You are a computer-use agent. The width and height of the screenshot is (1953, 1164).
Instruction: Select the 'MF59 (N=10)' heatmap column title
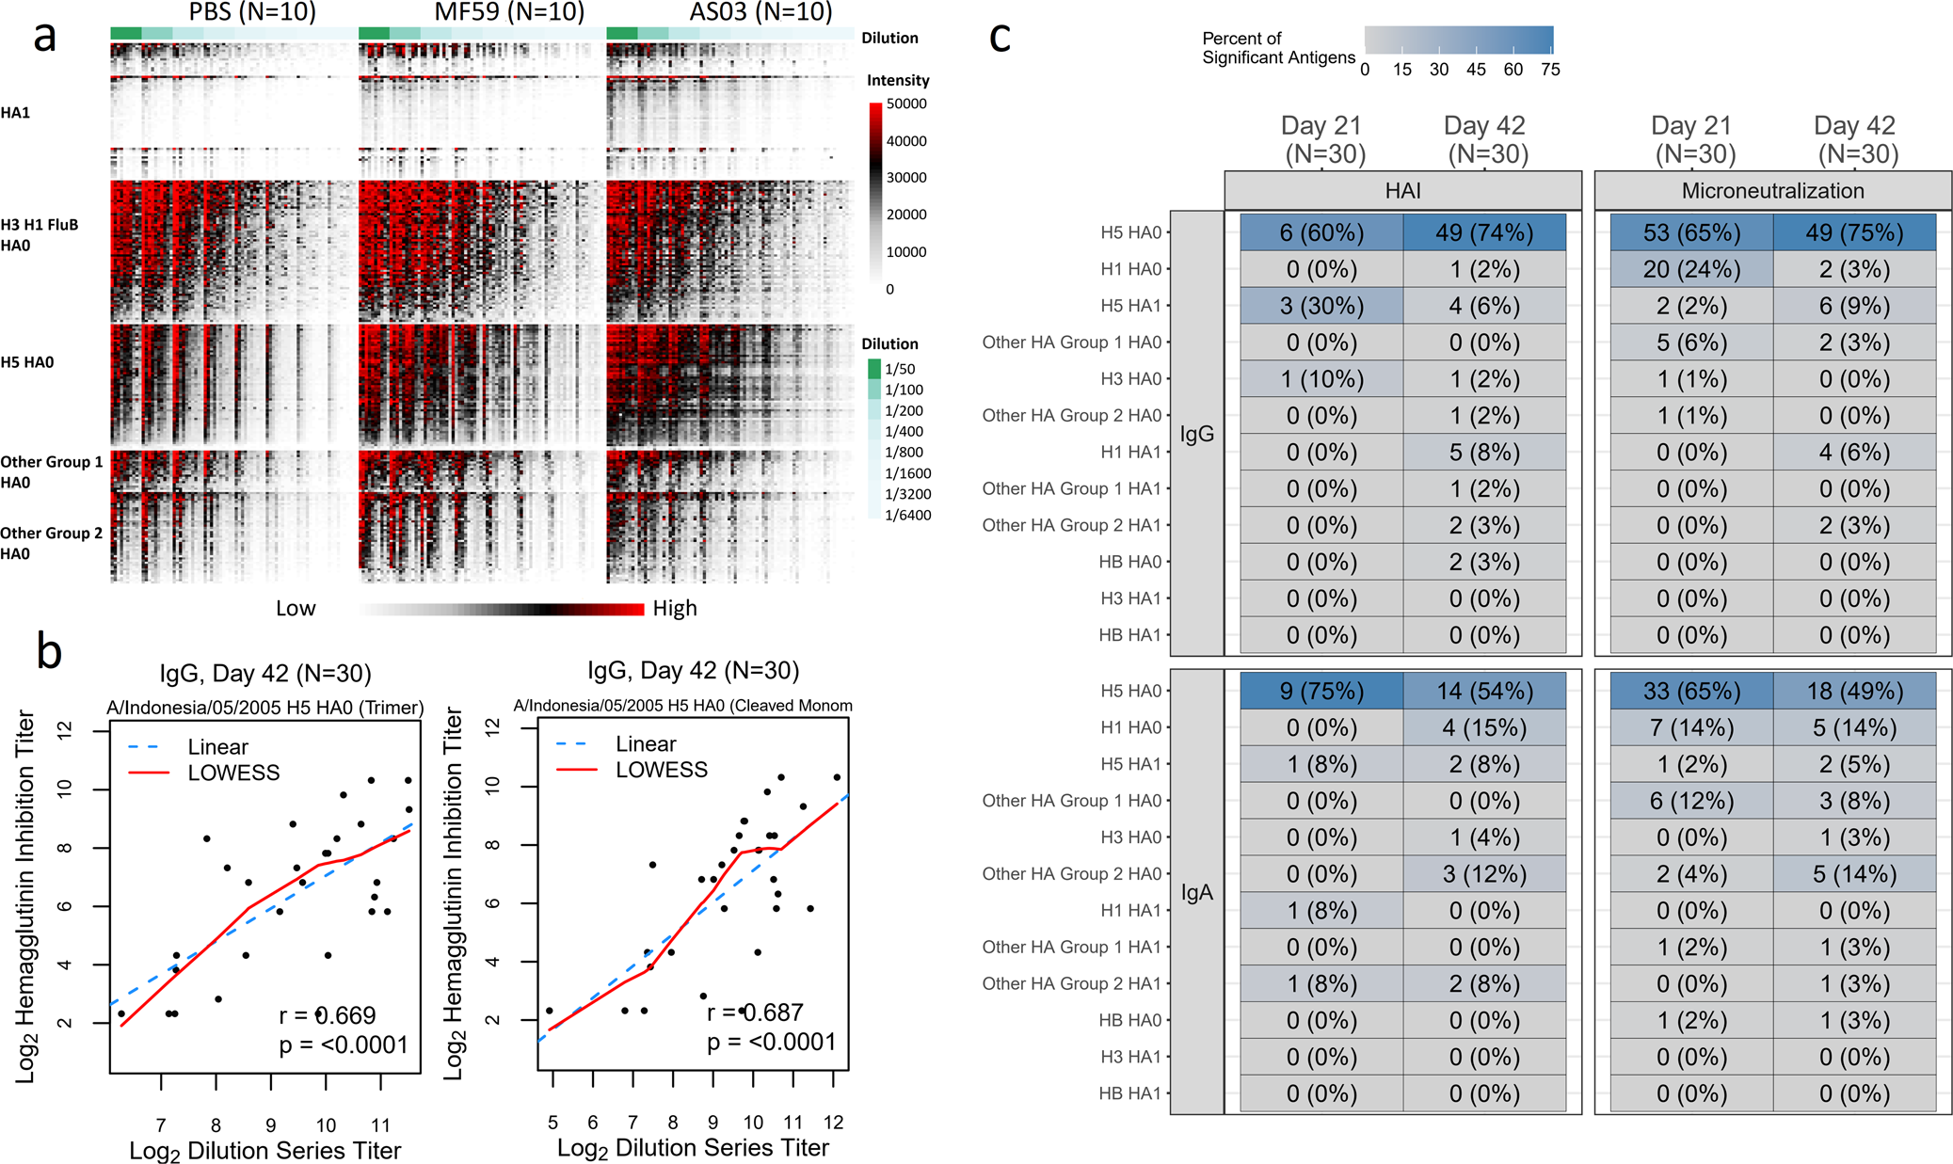509,12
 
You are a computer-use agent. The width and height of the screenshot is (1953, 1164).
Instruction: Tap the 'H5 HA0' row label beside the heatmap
27,362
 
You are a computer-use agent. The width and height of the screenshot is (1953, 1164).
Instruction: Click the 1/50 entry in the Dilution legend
899,369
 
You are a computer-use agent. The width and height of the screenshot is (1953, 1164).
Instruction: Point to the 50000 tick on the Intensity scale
905,104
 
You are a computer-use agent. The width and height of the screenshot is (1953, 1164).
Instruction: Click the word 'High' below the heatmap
675,609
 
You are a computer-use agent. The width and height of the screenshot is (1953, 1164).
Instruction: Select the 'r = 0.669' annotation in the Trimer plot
327,1015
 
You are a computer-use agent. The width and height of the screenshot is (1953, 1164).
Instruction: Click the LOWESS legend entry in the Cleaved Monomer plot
661,770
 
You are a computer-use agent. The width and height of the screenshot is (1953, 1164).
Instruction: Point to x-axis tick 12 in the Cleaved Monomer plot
833,1122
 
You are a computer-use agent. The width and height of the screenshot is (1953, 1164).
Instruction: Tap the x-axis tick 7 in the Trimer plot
161,1124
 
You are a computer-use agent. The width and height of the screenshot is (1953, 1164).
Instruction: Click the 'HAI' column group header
1402,191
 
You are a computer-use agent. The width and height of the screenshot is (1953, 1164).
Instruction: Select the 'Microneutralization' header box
1772,191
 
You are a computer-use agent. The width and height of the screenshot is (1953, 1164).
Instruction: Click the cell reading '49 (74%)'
1484,232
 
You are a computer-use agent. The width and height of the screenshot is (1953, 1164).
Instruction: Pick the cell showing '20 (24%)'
1691,269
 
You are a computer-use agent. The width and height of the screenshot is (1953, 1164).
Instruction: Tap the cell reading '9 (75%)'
1321,691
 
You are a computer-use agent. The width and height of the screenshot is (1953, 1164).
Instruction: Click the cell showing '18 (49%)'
1854,691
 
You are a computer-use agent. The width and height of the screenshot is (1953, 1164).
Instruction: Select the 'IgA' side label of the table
1196,892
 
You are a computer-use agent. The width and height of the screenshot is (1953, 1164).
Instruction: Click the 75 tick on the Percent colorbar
1550,70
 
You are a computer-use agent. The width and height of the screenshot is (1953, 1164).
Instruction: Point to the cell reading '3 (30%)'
1321,306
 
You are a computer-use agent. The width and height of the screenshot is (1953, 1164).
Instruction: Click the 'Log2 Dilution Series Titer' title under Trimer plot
264,1151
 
